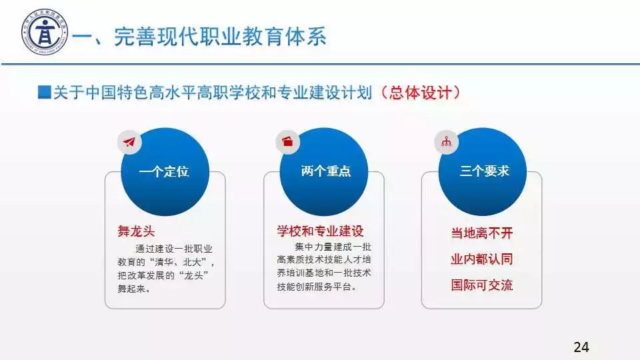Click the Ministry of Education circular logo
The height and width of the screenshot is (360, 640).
click(45, 32)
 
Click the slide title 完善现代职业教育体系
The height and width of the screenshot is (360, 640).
click(220, 36)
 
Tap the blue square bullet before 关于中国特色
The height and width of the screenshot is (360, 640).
click(44, 92)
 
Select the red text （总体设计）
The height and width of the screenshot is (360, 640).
click(420, 93)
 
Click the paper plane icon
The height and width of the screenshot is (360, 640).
click(129, 142)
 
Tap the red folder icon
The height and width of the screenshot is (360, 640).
click(287, 141)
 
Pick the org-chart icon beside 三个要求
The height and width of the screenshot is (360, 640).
click(446, 141)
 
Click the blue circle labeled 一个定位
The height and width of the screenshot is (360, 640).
click(165, 171)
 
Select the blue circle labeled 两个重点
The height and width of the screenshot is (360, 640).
click(324, 171)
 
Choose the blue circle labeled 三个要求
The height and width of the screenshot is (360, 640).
click(483, 171)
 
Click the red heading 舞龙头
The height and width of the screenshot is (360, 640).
click(136, 231)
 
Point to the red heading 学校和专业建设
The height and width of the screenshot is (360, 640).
click(321, 231)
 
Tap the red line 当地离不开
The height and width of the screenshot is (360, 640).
click(482, 233)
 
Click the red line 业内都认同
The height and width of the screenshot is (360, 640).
click(482, 259)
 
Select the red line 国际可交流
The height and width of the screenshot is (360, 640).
click(482, 285)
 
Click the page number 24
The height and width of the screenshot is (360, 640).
click(581, 347)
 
